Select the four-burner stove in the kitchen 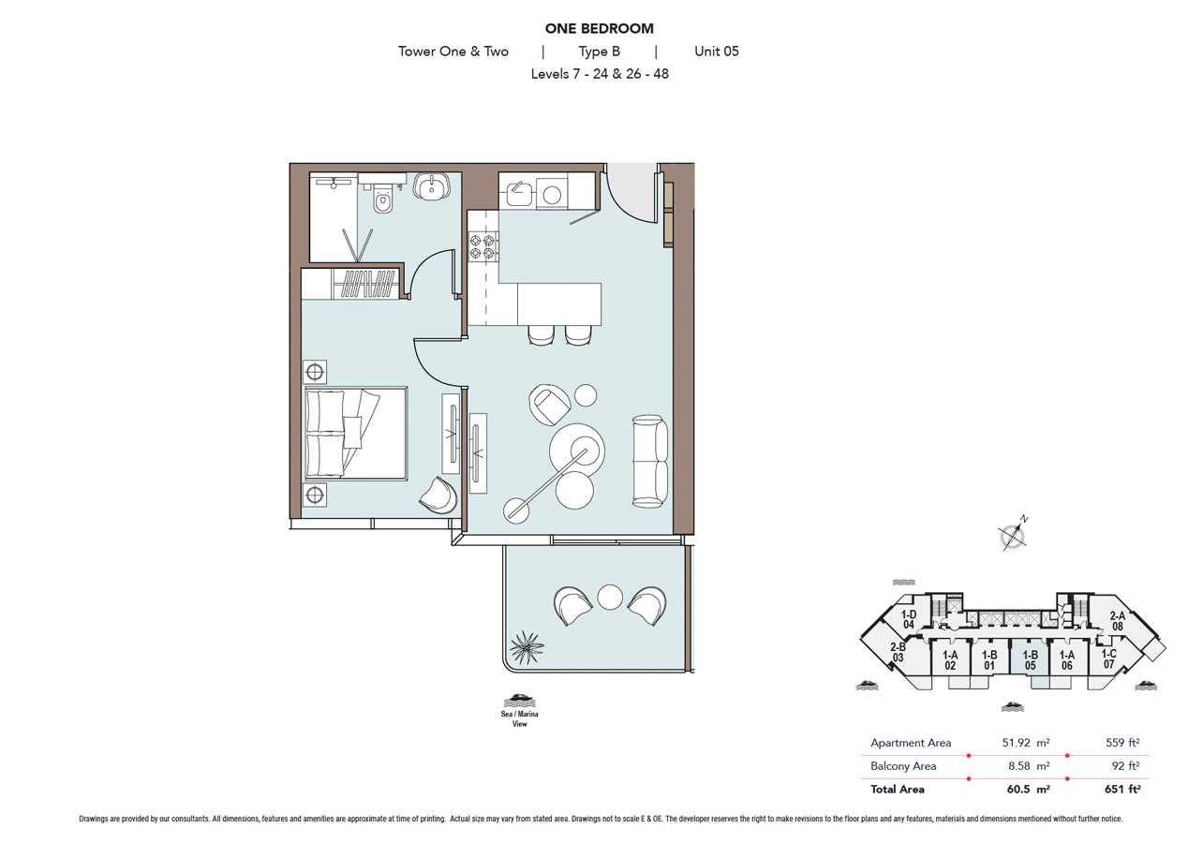pyautogui.click(x=483, y=246)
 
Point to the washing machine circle pyautogui.click(x=552, y=196)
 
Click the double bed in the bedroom pyautogui.click(x=356, y=433)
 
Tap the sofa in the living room pyautogui.click(x=650, y=461)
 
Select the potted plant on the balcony pyautogui.click(x=526, y=648)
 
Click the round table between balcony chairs pyautogui.click(x=610, y=597)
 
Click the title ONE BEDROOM pyautogui.click(x=600, y=28)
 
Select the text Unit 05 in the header pyautogui.click(x=717, y=51)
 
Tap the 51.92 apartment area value pyautogui.click(x=1017, y=743)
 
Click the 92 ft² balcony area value pyautogui.click(x=1125, y=765)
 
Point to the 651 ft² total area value pyautogui.click(x=1122, y=789)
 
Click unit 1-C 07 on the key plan pyautogui.click(x=1109, y=658)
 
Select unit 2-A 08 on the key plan pyautogui.click(x=1118, y=621)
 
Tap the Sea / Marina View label pyautogui.click(x=519, y=719)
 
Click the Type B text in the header pyautogui.click(x=600, y=52)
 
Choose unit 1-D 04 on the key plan pyautogui.click(x=909, y=619)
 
